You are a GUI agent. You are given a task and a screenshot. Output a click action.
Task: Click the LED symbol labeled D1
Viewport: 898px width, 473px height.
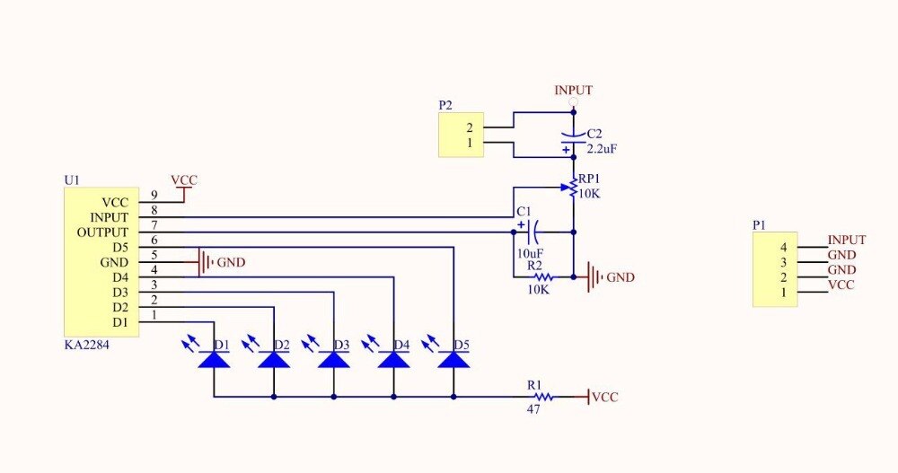pyautogui.click(x=214, y=359)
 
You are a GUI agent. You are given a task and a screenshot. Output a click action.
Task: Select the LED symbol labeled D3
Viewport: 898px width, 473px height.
pyautogui.click(x=334, y=359)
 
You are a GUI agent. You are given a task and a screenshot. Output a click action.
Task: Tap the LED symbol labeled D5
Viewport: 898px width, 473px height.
pyautogui.click(x=453, y=359)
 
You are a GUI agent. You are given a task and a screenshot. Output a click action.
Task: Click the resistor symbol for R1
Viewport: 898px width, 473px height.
pyautogui.click(x=542, y=396)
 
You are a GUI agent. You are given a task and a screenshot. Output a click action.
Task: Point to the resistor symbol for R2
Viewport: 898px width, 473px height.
pyautogui.click(x=542, y=277)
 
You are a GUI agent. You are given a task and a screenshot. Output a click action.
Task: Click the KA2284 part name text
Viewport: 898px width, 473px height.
pyautogui.click(x=88, y=344)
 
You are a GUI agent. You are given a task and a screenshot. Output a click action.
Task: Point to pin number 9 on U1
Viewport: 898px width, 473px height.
pyautogui.click(x=154, y=194)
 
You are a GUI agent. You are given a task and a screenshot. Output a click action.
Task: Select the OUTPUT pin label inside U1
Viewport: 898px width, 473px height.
pyautogui.click(x=102, y=232)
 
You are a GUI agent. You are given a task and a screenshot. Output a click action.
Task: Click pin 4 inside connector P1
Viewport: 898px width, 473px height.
pyautogui.click(x=783, y=247)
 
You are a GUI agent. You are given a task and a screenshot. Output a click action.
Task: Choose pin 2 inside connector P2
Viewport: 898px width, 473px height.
pyautogui.click(x=469, y=127)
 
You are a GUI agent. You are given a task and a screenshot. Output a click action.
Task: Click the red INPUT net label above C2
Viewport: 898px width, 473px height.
pyautogui.click(x=573, y=91)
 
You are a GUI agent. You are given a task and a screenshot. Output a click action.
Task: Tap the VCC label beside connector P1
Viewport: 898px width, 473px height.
pyautogui.click(x=841, y=285)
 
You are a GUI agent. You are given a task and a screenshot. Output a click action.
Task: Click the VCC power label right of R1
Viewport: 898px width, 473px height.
pyautogui.click(x=604, y=396)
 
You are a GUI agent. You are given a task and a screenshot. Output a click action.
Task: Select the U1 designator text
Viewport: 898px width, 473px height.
pyautogui.click(x=72, y=180)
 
